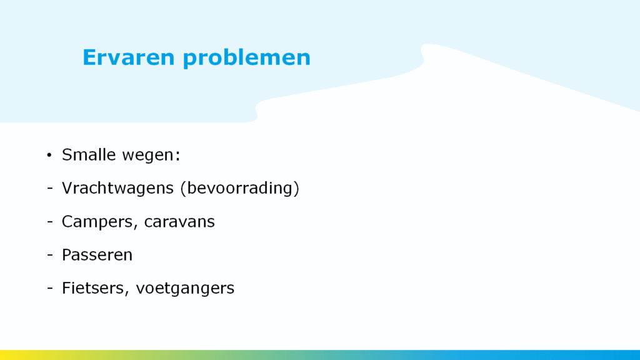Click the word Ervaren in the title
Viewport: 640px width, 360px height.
pos(129,57)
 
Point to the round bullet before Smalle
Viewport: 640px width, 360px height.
pos(49,155)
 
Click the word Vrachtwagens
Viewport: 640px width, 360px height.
pos(118,188)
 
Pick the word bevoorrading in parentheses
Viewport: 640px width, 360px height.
pos(239,188)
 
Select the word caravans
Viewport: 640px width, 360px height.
pos(179,222)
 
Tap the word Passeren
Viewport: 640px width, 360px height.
pos(97,255)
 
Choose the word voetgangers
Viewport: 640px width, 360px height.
pos(185,289)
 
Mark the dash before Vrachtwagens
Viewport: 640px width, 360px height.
pos(50,189)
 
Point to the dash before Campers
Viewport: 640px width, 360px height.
pos(50,222)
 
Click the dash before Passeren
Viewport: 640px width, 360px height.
pos(50,255)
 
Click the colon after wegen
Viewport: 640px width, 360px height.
pos(177,156)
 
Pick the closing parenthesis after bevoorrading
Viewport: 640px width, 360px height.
pos(296,189)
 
